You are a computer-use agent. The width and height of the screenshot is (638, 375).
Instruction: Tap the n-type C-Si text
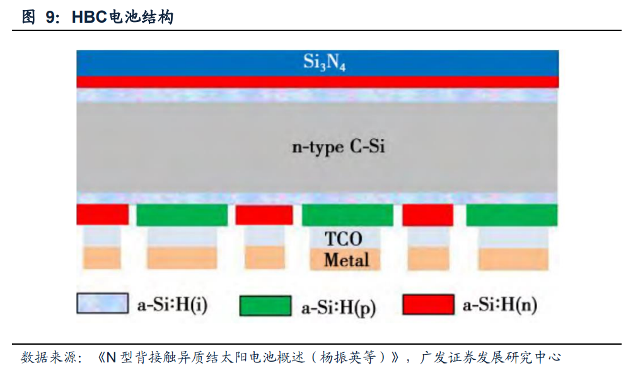(x=338, y=148)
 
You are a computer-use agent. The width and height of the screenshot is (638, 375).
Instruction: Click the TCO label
(x=344, y=239)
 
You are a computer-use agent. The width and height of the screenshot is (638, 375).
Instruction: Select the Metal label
(x=346, y=259)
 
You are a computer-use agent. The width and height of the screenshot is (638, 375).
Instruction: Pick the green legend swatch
(x=265, y=306)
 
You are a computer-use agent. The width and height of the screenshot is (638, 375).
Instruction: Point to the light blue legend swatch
(x=102, y=304)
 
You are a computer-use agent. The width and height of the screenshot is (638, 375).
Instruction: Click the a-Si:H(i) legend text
(x=172, y=305)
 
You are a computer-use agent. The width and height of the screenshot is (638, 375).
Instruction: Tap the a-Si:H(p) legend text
(x=339, y=307)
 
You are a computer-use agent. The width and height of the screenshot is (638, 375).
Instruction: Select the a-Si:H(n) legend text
(x=500, y=306)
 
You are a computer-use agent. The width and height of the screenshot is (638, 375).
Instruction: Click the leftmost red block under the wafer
(x=102, y=215)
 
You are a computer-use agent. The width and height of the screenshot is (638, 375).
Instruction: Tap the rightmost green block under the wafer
(x=512, y=215)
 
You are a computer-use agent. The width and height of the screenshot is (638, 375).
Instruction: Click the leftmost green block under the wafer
(x=182, y=215)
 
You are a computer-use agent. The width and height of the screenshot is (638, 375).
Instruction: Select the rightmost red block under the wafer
(x=427, y=215)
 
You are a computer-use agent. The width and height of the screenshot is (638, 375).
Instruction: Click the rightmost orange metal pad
(x=513, y=258)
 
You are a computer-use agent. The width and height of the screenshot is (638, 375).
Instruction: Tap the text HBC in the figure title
(x=86, y=17)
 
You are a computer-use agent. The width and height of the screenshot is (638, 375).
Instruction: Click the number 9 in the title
(x=50, y=17)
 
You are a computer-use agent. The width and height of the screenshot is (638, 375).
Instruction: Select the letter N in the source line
(x=110, y=358)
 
